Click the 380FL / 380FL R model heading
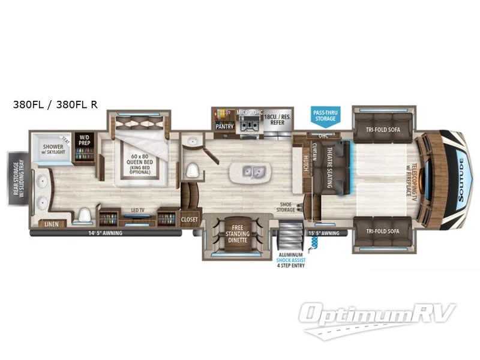(56, 104)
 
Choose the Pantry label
(224, 127)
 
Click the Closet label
(190, 220)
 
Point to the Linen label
(51, 225)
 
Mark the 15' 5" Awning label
(323, 233)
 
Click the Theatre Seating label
(331, 168)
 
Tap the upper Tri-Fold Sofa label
(382, 128)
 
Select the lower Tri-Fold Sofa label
(382, 230)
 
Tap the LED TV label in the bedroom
(137, 211)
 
